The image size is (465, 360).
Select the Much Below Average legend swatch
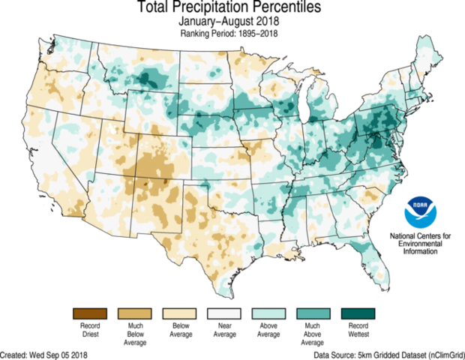130,313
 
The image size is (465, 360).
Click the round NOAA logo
419,212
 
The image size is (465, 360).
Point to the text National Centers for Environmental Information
420,244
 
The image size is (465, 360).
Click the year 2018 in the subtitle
267,22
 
